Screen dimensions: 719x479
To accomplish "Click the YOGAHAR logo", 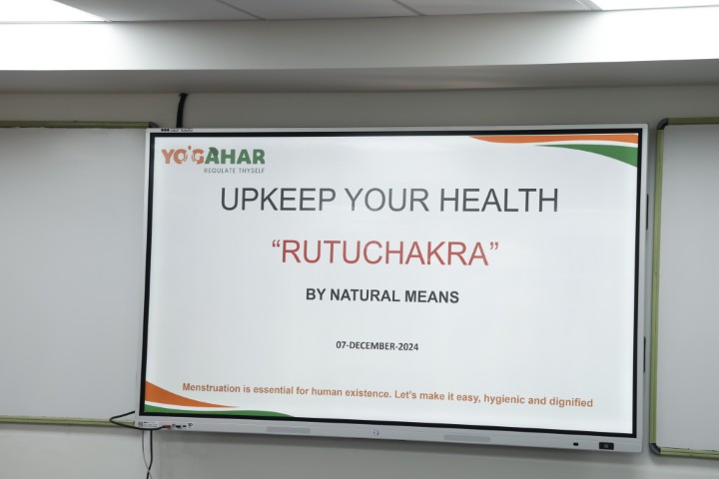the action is pos(213,157).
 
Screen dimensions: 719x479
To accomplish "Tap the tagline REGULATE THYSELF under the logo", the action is pos(235,170).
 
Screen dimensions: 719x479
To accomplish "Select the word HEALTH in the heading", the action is pos(499,200).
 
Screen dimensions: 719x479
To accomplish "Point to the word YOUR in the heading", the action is pos(387,200).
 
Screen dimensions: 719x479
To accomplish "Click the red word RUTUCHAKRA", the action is pos(384,253).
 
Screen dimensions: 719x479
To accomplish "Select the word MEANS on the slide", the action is pos(432,296).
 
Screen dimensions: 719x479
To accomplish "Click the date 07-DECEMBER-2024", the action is pos(376,345).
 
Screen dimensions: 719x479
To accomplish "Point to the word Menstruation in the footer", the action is pos(211,388).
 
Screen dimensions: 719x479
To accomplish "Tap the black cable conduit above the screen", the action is pos(182,110).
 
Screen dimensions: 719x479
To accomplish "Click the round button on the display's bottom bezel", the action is pos(376,433).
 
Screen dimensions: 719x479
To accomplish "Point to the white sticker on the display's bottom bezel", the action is pos(147,424).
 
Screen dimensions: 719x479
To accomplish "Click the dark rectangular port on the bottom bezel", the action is pos(606,446).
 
